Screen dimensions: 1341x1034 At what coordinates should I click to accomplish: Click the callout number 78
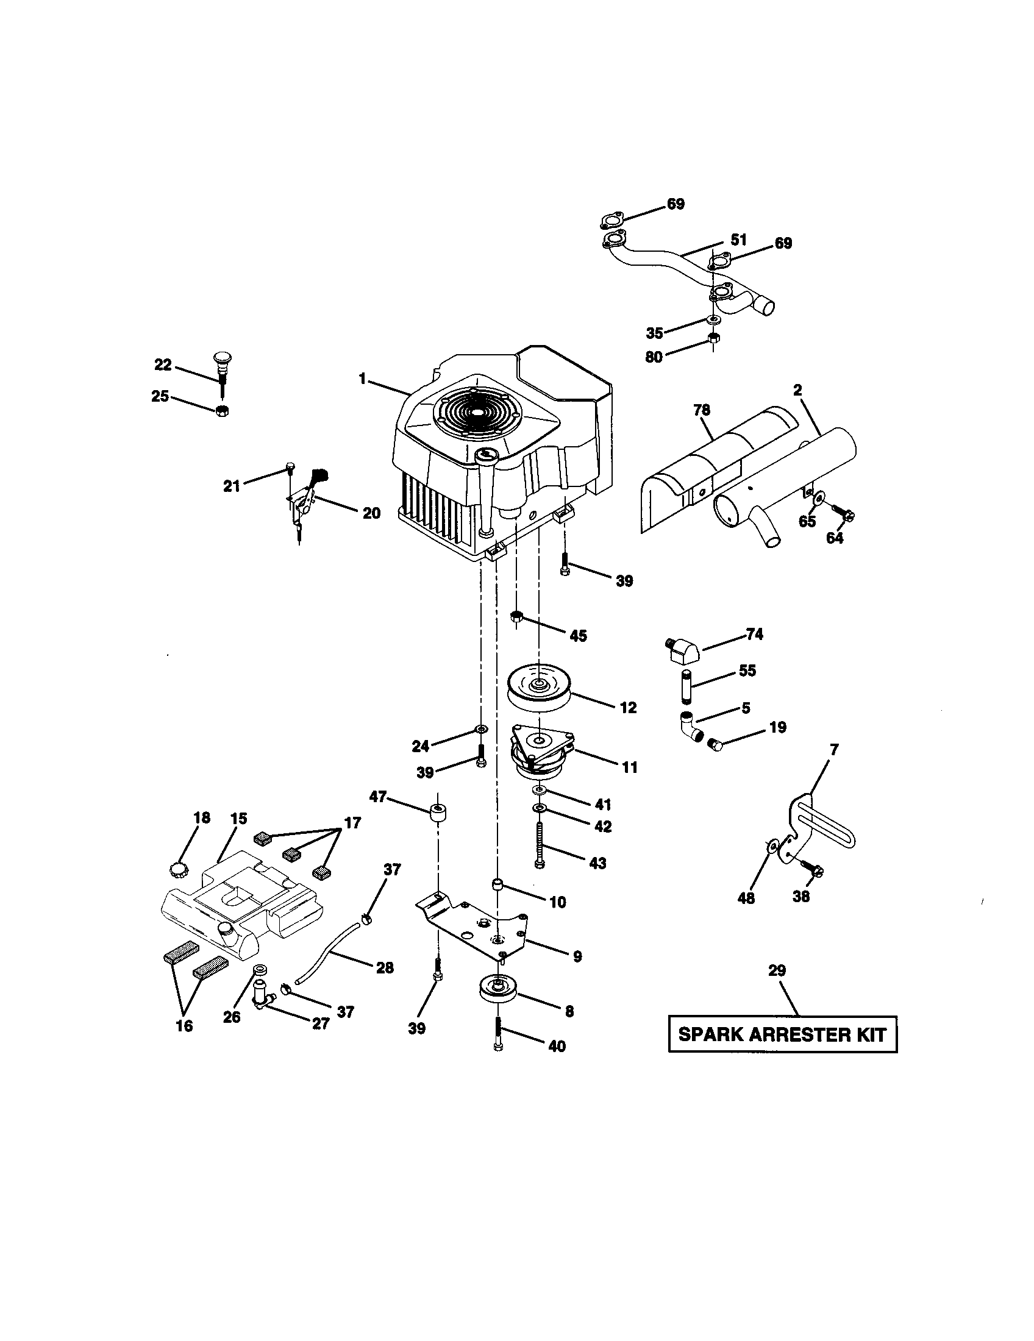tap(702, 410)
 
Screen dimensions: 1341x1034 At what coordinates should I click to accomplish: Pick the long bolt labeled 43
tap(539, 847)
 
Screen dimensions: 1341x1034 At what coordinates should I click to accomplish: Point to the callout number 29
tap(777, 971)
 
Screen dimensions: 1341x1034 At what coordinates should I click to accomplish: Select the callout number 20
tap(371, 513)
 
